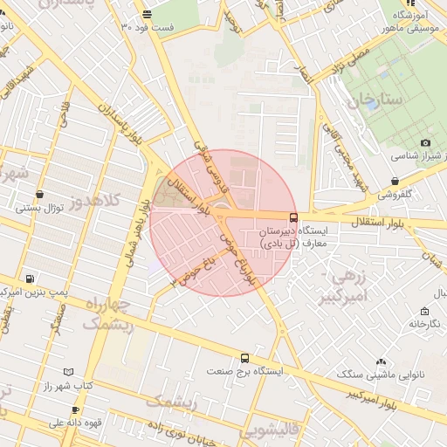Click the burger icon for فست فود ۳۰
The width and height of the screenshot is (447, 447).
pos(146,14)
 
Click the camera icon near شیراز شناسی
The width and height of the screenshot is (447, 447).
pos(425,143)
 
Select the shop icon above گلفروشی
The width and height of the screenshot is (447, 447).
pos(395,182)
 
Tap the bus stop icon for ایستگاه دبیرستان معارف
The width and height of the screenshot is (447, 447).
pos(292,217)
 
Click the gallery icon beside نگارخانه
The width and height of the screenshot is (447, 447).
pos(424,312)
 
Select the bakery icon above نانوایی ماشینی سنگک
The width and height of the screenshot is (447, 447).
pos(381,361)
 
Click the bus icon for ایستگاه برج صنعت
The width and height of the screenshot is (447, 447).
pos(245,358)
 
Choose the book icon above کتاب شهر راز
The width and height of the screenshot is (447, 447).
pos(69,371)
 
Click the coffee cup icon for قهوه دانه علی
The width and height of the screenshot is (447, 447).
pos(75,409)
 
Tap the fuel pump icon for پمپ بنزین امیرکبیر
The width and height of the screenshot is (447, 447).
pos(32,279)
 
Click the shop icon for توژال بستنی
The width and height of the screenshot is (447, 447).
pos(31,196)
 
